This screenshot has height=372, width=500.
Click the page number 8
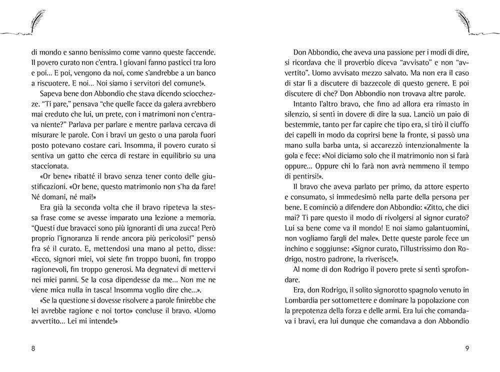click(33, 349)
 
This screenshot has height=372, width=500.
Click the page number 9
click(466, 349)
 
